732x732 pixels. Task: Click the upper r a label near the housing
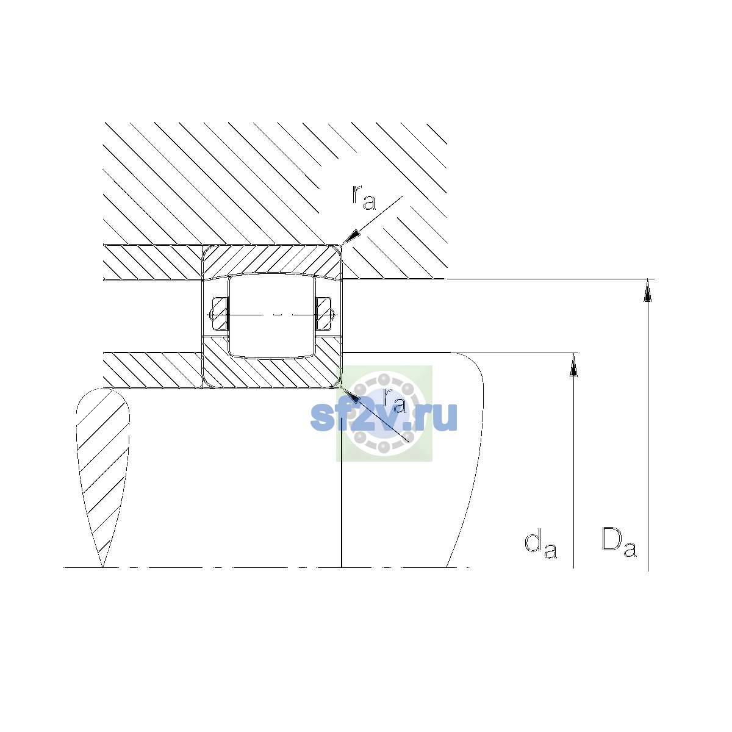pos(364,198)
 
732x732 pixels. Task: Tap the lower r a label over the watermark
pos(394,401)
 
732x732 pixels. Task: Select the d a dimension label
pos(540,545)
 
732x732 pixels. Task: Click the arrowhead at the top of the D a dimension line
pos(648,290)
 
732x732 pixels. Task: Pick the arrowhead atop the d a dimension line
pos(573,365)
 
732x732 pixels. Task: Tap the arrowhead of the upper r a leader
pos(350,237)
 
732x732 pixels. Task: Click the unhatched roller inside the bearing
pos(271,316)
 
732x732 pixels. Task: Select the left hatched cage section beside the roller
pos(220,314)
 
